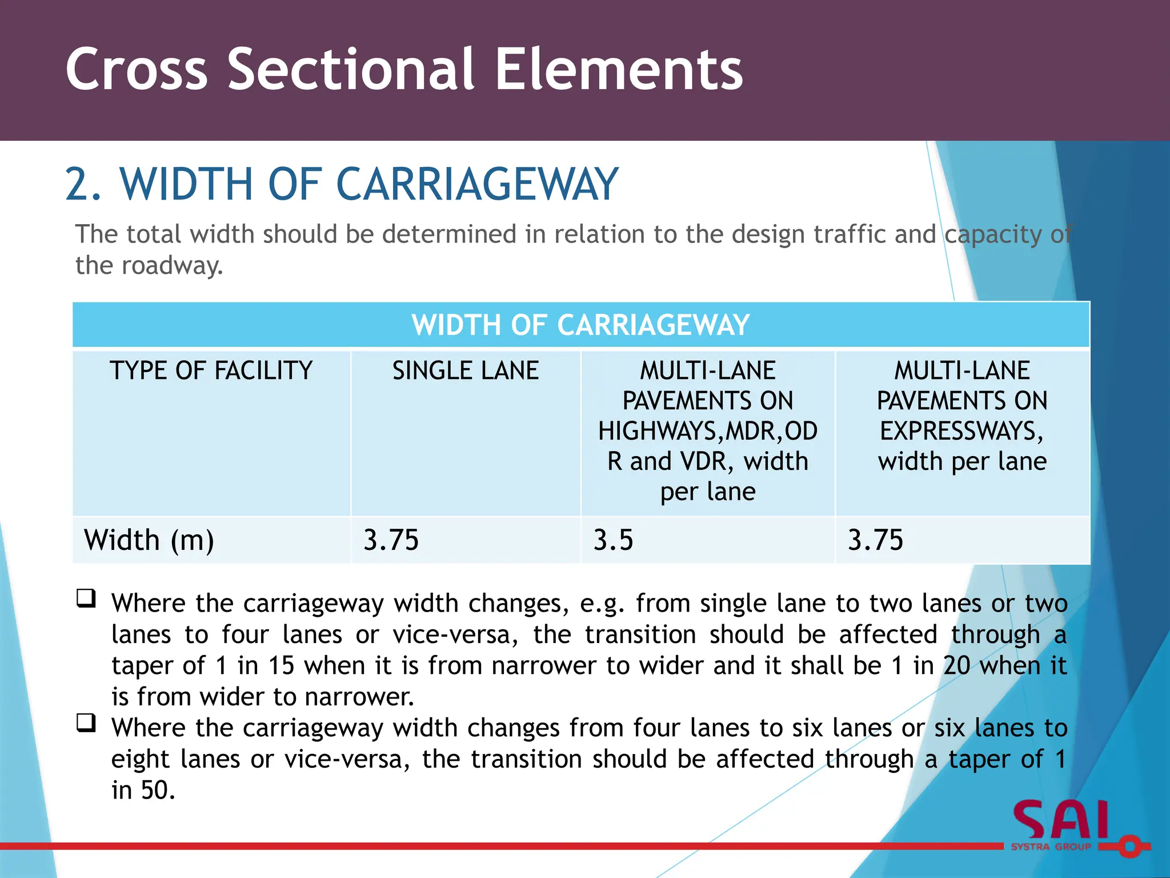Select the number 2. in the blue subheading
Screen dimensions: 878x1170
pyautogui.click(x=83, y=184)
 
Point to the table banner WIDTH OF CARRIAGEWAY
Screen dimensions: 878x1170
pyautogui.click(x=580, y=325)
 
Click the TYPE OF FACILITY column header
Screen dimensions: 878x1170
pyautogui.click(x=211, y=370)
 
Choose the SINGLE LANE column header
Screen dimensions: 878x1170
pyautogui.click(x=465, y=370)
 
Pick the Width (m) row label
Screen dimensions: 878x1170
pyautogui.click(x=149, y=540)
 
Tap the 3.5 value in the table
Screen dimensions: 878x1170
pyautogui.click(x=613, y=540)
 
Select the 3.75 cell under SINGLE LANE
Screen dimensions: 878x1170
pyautogui.click(x=391, y=540)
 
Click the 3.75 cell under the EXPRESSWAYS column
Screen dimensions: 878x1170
pyautogui.click(x=875, y=540)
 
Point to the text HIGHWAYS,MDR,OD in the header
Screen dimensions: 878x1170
pyautogui.click(x=708, y=431)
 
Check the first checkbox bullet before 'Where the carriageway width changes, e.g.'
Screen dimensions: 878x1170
pyautogui.click(x=86, y=598)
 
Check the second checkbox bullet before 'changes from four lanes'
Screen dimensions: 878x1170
pyautogui.click(x=86, y=723)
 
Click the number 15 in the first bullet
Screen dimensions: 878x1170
pyautogui.click(x=281, y=666)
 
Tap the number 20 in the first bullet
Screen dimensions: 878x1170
pyautogui.click(x=956, y=666)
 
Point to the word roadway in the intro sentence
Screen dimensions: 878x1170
pyautogui.click(x=171, y=266)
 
